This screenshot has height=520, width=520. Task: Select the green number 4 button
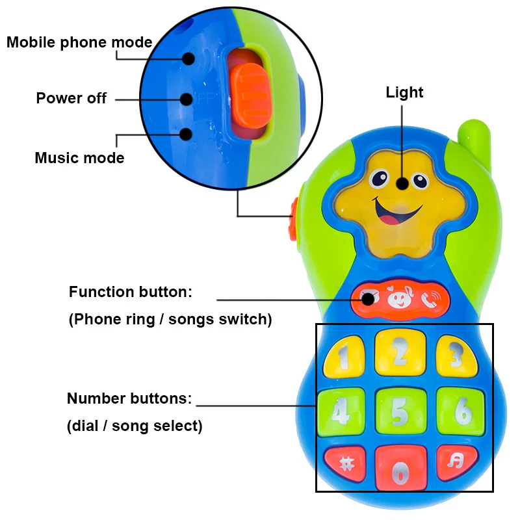coord(340,410)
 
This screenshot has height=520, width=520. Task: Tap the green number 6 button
coord(461,409)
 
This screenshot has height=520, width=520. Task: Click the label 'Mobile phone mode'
coord(79,43)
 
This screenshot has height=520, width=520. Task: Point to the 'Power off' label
coord(71,99)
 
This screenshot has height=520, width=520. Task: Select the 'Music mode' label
coord(79,158)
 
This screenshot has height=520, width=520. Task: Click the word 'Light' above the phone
coord(404,92)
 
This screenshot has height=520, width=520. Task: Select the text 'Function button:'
coord(131,292)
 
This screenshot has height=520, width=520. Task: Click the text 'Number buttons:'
coord(129,398)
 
